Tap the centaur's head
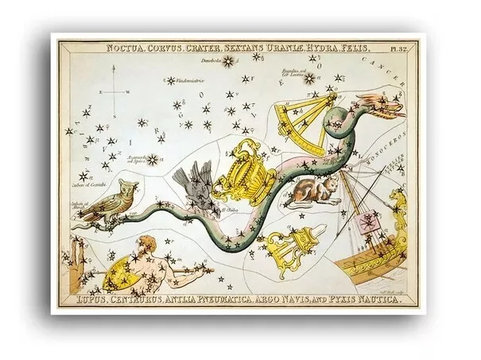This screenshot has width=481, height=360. pyautogui.click(x=145, y=244)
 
